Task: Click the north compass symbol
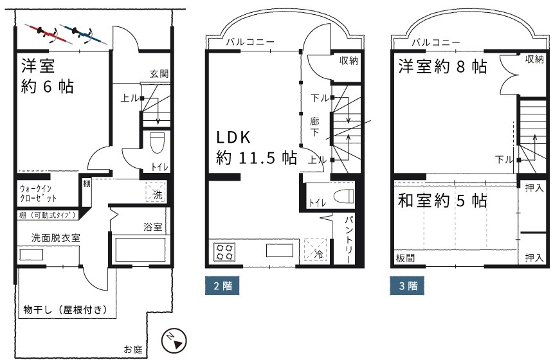174,341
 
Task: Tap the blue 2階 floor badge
222,285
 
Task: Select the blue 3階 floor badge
407,285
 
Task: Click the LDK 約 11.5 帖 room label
257,147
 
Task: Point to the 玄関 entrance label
159,74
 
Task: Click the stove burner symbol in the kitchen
224,252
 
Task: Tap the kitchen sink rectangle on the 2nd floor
279,251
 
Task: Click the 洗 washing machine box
156,192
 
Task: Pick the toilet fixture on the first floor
157,143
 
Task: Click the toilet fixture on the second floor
343,196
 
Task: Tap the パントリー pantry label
348,240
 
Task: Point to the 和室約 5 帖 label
442,201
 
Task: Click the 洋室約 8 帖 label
442,66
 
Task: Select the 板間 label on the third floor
405,258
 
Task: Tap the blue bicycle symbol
84,34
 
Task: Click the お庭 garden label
133,350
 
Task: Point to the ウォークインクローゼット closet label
38,194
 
